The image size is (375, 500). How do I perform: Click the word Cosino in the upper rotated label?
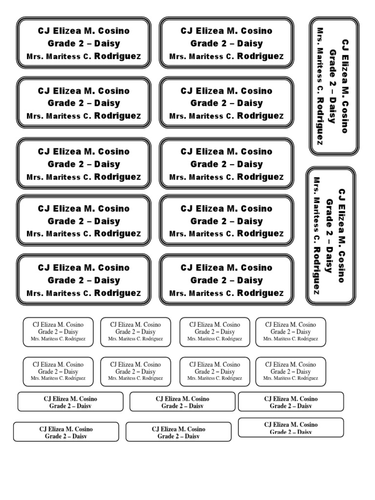tap(345, 117)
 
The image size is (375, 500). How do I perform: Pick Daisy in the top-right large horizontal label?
tap(250, 43)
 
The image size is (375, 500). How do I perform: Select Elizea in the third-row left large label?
tap(66, 151)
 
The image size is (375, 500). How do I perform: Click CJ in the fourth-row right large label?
tap(187, 208)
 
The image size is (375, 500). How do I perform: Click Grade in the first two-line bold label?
tap(58, 406)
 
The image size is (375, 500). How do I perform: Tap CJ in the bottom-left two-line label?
tap(43, 429)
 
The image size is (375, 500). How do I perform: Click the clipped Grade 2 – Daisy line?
tap(291, 432)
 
